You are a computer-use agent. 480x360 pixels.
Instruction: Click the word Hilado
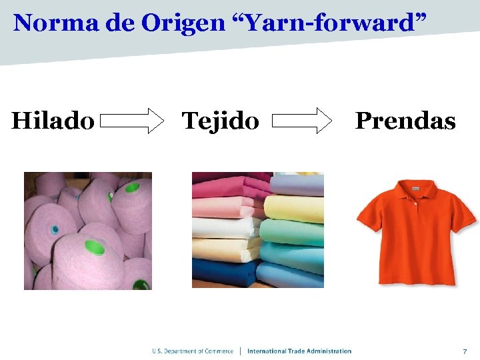(53, 121)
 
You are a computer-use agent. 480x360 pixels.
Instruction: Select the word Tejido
(221, 121)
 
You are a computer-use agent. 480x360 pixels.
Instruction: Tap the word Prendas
(405, 121)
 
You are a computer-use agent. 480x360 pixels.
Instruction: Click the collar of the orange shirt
(415, 190)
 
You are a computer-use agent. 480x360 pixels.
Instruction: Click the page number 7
(465, 351)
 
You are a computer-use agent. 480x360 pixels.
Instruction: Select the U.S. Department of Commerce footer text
(193, 351)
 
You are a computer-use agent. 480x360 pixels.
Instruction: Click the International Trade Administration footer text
(299, 351)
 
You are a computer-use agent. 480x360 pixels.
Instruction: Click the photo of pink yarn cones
(88, 231)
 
